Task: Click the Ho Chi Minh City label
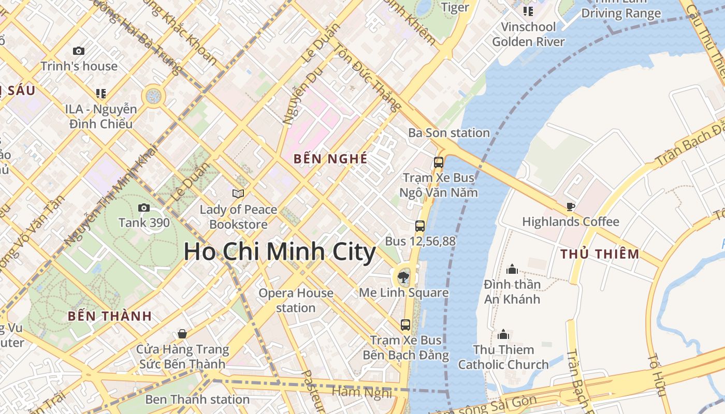(280, 252)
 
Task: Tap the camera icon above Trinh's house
(79, 51)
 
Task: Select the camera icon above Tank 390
(144, 208)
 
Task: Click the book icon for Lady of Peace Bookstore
(238, 194)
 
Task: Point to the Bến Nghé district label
(330, 159)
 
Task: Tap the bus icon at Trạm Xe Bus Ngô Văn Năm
(439, 162)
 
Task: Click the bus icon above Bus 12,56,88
(420, 226)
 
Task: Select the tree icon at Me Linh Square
(403, 277)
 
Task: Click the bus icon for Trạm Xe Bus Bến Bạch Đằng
(405, 325)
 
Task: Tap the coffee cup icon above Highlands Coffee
(570, 207)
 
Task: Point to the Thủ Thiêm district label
(600, 254)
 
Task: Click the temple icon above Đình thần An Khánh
(512, 269)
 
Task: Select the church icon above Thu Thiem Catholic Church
(503, 335)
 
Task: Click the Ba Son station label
(449, 133)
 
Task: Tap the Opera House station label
(296, 300)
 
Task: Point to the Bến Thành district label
(110, 316)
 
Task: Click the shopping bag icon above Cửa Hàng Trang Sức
(182, 334)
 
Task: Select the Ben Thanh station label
(197, 400)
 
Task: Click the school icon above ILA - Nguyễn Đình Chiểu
(101, 94)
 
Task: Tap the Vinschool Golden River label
(528, 34)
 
